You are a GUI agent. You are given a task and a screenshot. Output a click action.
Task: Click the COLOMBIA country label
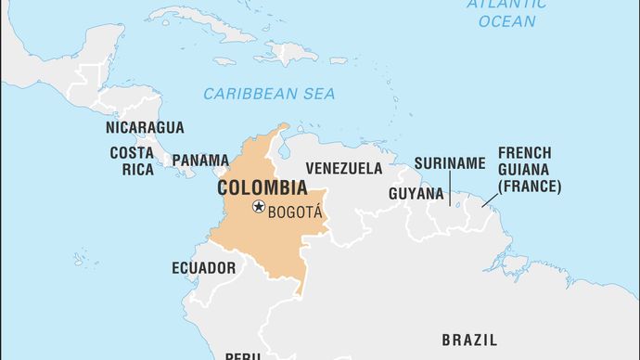click(262, 187)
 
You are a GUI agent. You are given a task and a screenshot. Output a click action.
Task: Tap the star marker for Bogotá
click(259, 207)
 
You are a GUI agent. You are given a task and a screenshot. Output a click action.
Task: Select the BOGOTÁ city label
click(295, 212)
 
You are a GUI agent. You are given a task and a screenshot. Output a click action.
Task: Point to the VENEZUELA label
click(343, 169)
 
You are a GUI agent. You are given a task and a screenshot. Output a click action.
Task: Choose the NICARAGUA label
click(145, 127)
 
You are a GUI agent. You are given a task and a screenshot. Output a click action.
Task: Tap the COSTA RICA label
click(132, 161)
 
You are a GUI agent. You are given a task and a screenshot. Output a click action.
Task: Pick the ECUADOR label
click(203, 268)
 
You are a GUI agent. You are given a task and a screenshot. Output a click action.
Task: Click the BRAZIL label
click(468, 339)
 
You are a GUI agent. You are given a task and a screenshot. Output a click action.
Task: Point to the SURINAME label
click(449, 163)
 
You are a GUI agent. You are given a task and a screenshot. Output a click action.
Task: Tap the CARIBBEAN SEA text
click(269, 94)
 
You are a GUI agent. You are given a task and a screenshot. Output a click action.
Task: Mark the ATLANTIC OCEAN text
click(506, 11)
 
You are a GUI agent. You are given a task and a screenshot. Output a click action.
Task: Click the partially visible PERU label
click(244, 355)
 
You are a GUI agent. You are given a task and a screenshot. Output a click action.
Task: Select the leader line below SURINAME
click(449, 188)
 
